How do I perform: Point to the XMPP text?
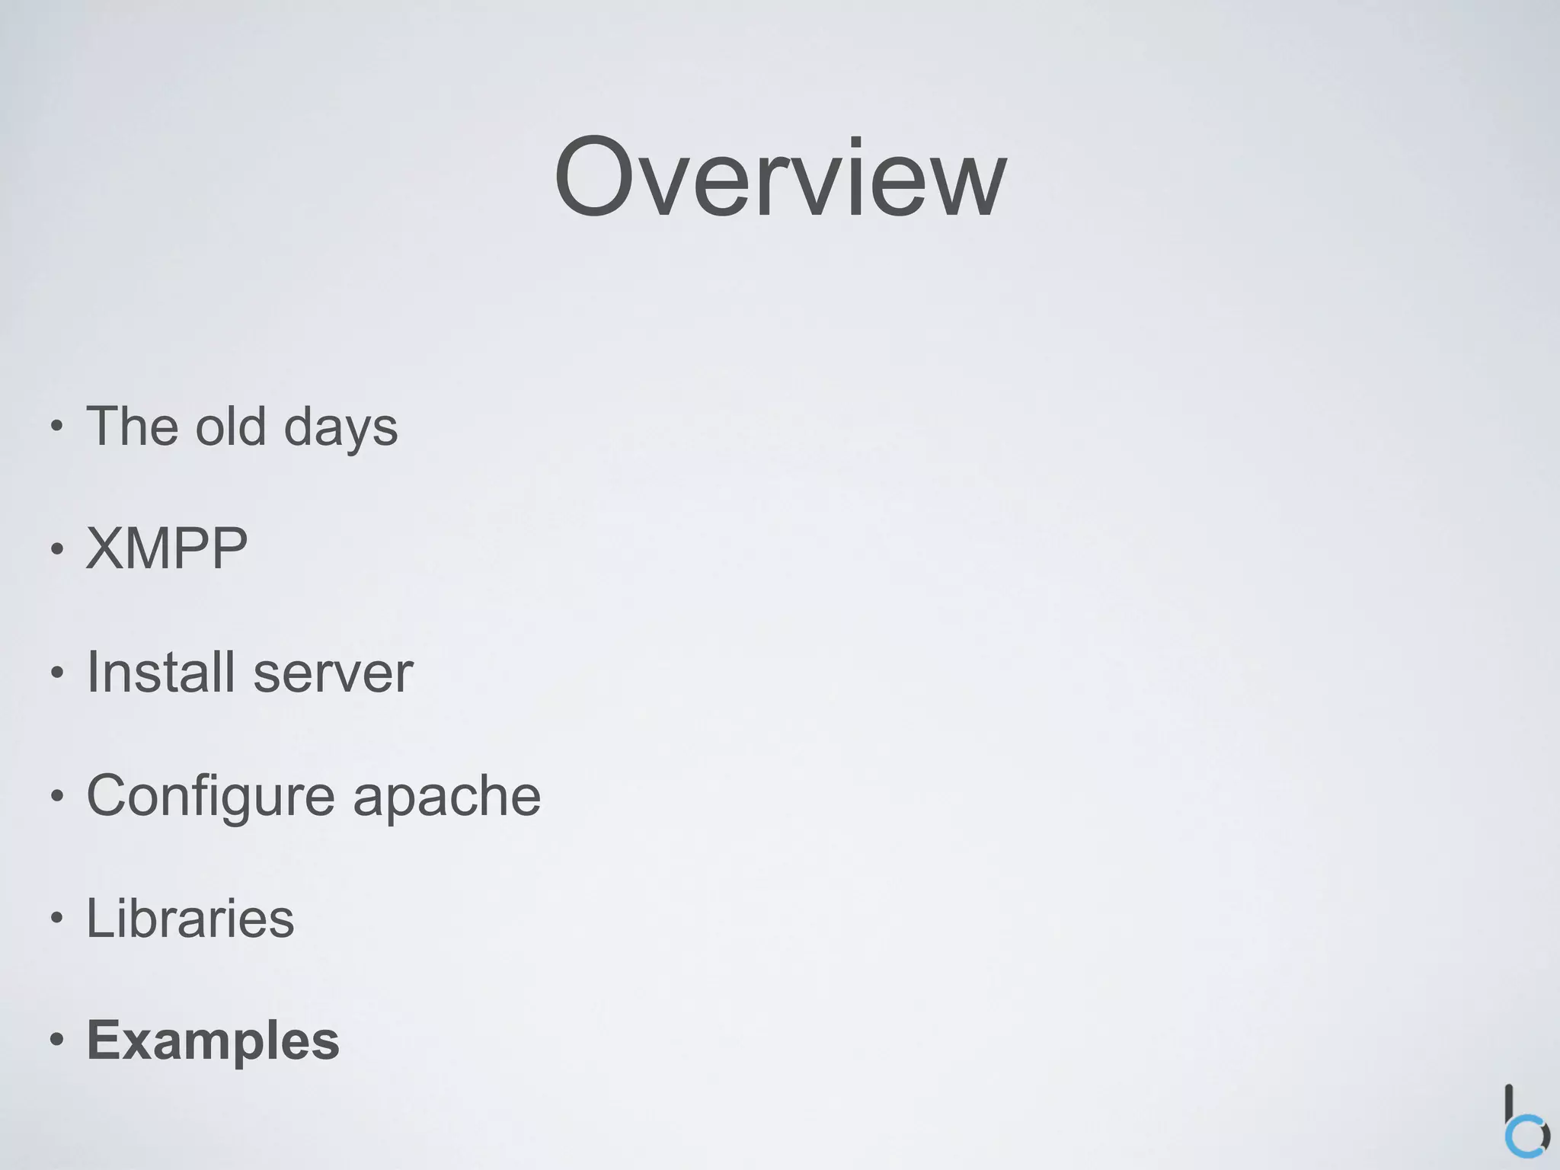coord(167,548)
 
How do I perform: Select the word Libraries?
coord(190,918)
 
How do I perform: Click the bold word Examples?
coord(213,1041)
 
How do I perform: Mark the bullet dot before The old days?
coord(56,427)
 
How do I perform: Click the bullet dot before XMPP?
coord(56,549)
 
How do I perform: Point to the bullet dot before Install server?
coord(56,673)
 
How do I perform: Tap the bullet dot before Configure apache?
coord(56,796)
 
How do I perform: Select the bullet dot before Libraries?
coord(56,919)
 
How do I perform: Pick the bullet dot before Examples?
coord(56,1041)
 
